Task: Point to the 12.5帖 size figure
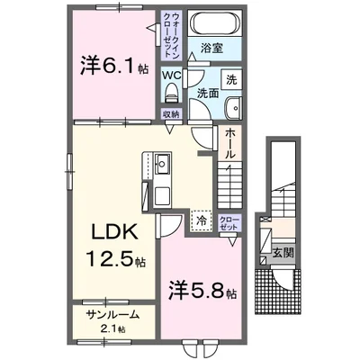pos(112,262)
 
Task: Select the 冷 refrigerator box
pos(201,220)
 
